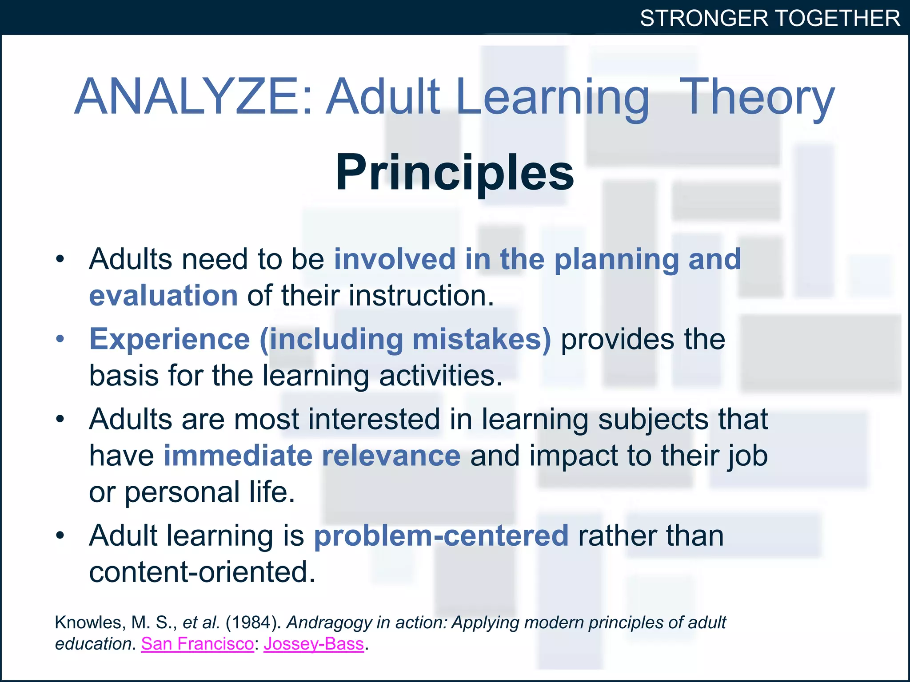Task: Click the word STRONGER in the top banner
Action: click(x=704, y=19)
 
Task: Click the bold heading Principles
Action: click(x=455, y=173)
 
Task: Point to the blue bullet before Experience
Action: click(x=60, y=339)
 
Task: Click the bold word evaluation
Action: click(x=164, y=296)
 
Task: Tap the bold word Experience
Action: click(x=170, y=340)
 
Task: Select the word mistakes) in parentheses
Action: click(x=482, y=340)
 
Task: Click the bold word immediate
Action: click(x=238, y=456)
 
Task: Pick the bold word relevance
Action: click(x=391, y=456)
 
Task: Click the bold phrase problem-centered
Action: click(x=441, y=535)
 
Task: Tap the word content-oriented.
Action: click(x=202, y=572)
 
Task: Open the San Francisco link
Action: click(x=197, y=644)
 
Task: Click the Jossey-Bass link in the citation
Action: click(x=314, y=644)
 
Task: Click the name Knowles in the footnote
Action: click(x=89, y=623)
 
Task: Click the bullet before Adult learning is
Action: click(x=60, y=535)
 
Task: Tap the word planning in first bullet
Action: click(x=617, y=260)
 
